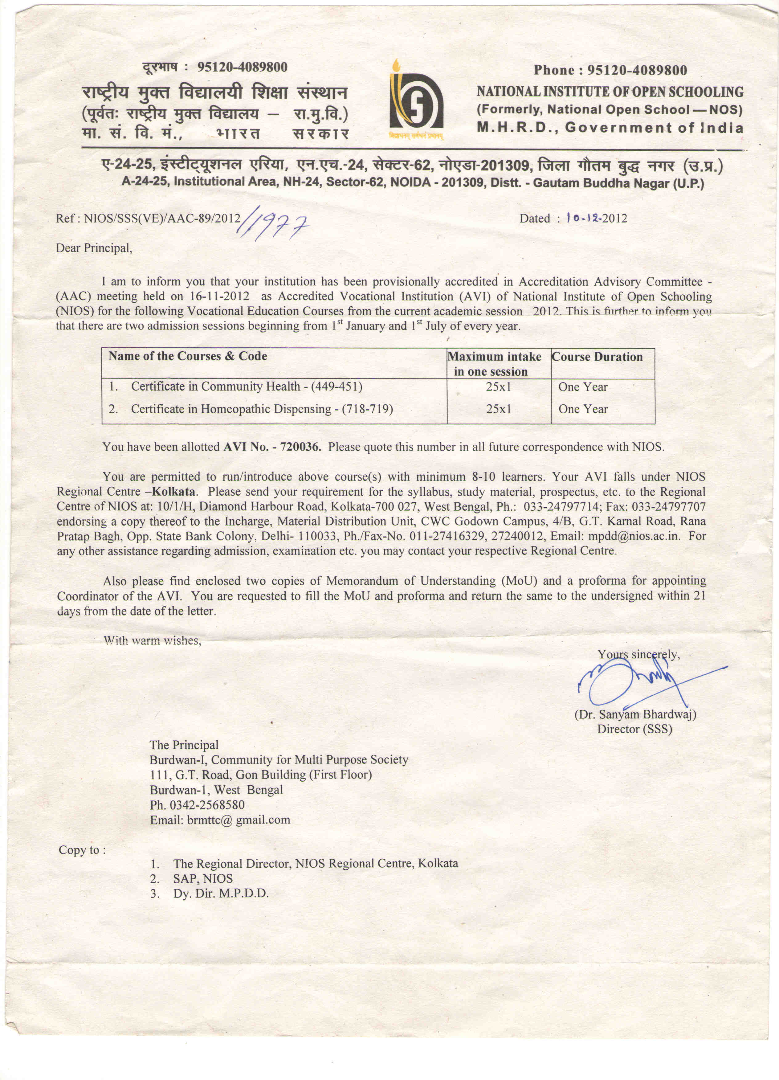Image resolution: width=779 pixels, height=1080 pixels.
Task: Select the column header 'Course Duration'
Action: pos(597,357)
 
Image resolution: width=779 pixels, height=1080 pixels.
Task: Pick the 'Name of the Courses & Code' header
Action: pos(188,356)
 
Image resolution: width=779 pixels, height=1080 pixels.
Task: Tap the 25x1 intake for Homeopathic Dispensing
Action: pos(498,409)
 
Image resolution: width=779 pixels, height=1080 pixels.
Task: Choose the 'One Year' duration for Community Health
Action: pos(583,387)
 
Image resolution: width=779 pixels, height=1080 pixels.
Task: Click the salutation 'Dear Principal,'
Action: pos(94,248)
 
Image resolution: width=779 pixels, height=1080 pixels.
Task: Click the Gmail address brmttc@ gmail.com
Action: pos(220,820)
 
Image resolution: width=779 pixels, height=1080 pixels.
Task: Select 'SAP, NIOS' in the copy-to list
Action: pos(203,878)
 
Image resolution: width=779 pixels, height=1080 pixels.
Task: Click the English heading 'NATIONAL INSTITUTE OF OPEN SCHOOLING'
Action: pos(610,92)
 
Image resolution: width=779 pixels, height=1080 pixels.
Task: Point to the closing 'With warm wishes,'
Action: pos(152,640)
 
